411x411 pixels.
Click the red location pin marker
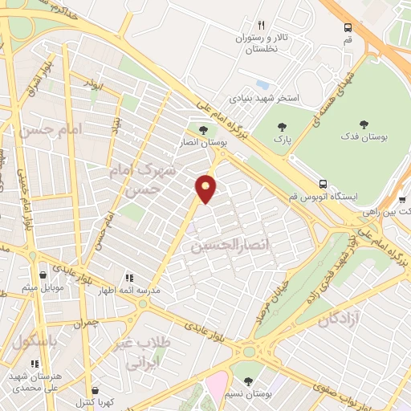click(x=206, y=189)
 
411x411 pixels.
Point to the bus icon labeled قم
click(x=348, y=26)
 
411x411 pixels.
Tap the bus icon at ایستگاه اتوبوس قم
click(x=323, y=183)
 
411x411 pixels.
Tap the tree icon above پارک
click(x=282, y=126)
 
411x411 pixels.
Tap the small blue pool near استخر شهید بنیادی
click(x=262, y=84)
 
